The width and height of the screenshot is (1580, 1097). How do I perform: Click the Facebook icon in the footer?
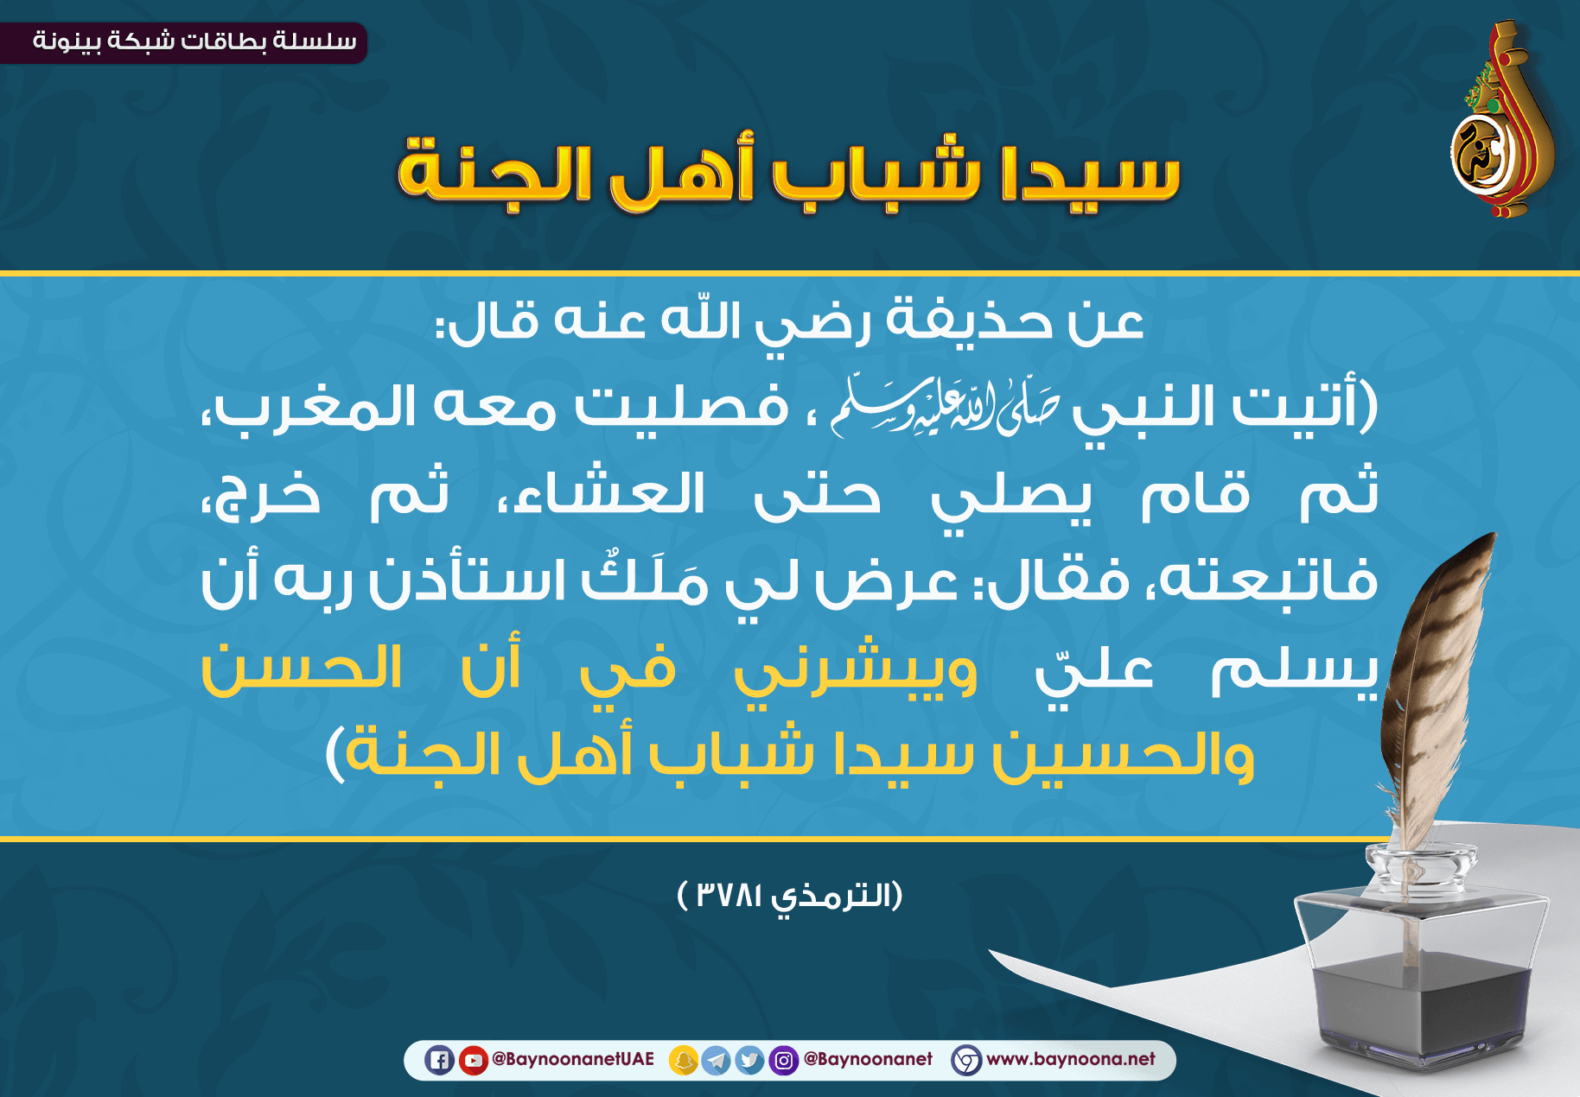(x=439, y=1060)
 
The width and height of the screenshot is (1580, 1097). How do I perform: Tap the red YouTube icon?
(x=473, y=1060)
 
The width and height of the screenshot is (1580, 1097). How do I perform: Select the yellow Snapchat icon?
(x=684, y=1060)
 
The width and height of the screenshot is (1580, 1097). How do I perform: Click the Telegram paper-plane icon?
(x=716, y=1060)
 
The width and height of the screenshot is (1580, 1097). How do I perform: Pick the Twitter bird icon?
(x=749, y=1060)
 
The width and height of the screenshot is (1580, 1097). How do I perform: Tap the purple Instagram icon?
(x=783, y=1060)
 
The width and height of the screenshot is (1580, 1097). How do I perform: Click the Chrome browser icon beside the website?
(x=966, y=1060)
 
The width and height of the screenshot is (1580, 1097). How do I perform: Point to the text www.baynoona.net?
(x=1071, y=1059)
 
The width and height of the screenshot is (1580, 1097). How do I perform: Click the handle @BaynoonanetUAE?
(x=573, y=1059)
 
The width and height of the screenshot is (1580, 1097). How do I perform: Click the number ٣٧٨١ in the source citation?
(x=729, y=895)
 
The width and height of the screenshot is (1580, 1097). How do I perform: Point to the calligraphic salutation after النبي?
(x=944, y=405)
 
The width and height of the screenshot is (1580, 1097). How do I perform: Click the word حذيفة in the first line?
(x=971, y=321)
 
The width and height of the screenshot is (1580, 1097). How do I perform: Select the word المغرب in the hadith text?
(x=317, y=406)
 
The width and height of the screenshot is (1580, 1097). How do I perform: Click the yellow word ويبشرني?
(x=856, y=672)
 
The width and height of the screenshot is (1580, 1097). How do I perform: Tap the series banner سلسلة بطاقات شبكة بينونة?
(x=194, y=41)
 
